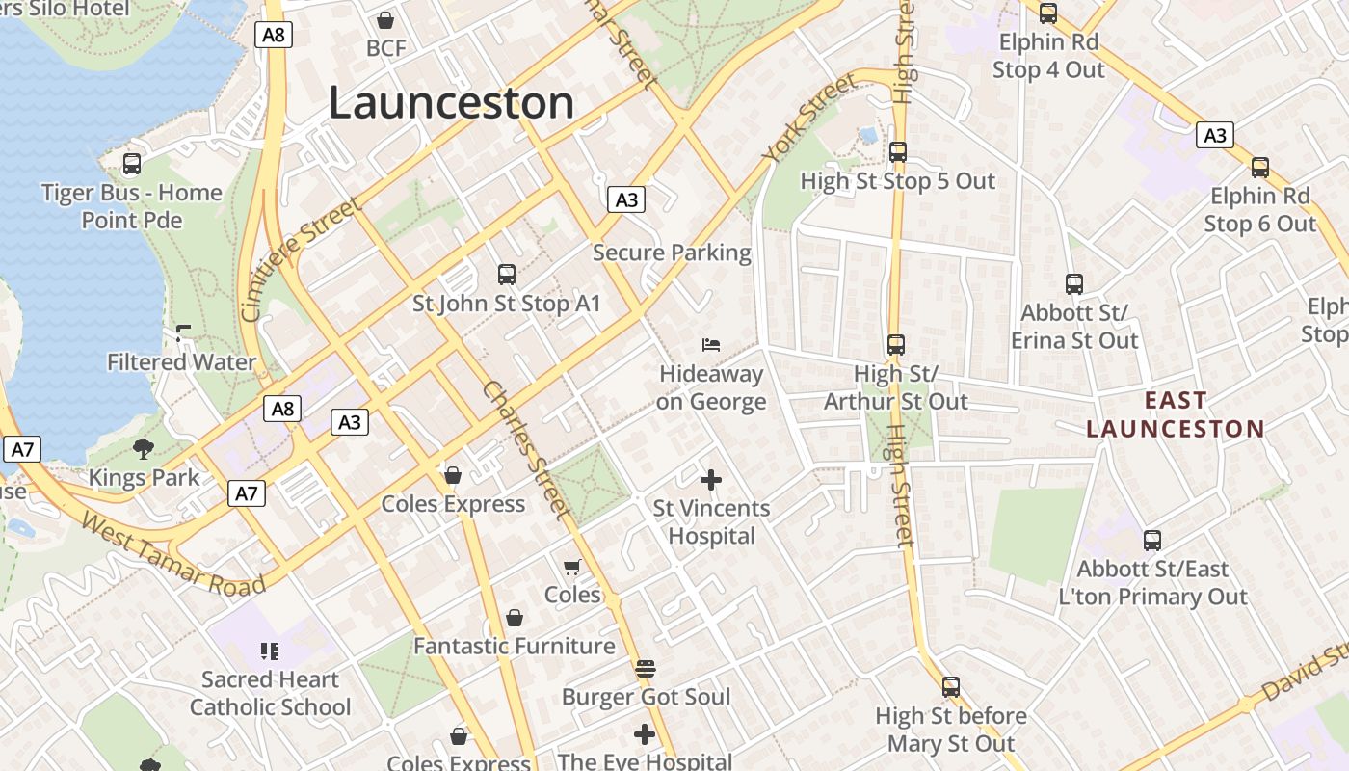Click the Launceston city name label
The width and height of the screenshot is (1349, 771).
(451, 103)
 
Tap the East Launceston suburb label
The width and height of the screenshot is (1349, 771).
(1175, 414)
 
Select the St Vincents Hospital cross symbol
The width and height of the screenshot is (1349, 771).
(711, 479)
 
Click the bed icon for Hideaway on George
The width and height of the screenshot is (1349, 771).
(711, 345)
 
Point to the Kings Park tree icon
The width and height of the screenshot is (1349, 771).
(144, 448)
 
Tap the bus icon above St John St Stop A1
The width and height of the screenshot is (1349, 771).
(507, 275)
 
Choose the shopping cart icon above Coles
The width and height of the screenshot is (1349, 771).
(572, 567)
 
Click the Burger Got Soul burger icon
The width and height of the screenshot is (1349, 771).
(646, 668)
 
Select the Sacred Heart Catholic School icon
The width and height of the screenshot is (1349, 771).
(270, 651)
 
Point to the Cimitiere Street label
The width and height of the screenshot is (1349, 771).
(302, 258)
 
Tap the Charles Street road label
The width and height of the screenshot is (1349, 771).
(526, 450)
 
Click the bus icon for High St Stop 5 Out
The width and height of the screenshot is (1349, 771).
(898, 152)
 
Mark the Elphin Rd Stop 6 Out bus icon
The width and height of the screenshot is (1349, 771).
(1259, 168)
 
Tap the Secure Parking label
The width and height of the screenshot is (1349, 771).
(672, 253)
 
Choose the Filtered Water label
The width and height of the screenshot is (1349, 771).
(181, 362)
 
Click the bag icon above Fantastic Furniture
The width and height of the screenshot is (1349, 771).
(515, 618)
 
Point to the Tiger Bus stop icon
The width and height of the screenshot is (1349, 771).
(132, 164)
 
